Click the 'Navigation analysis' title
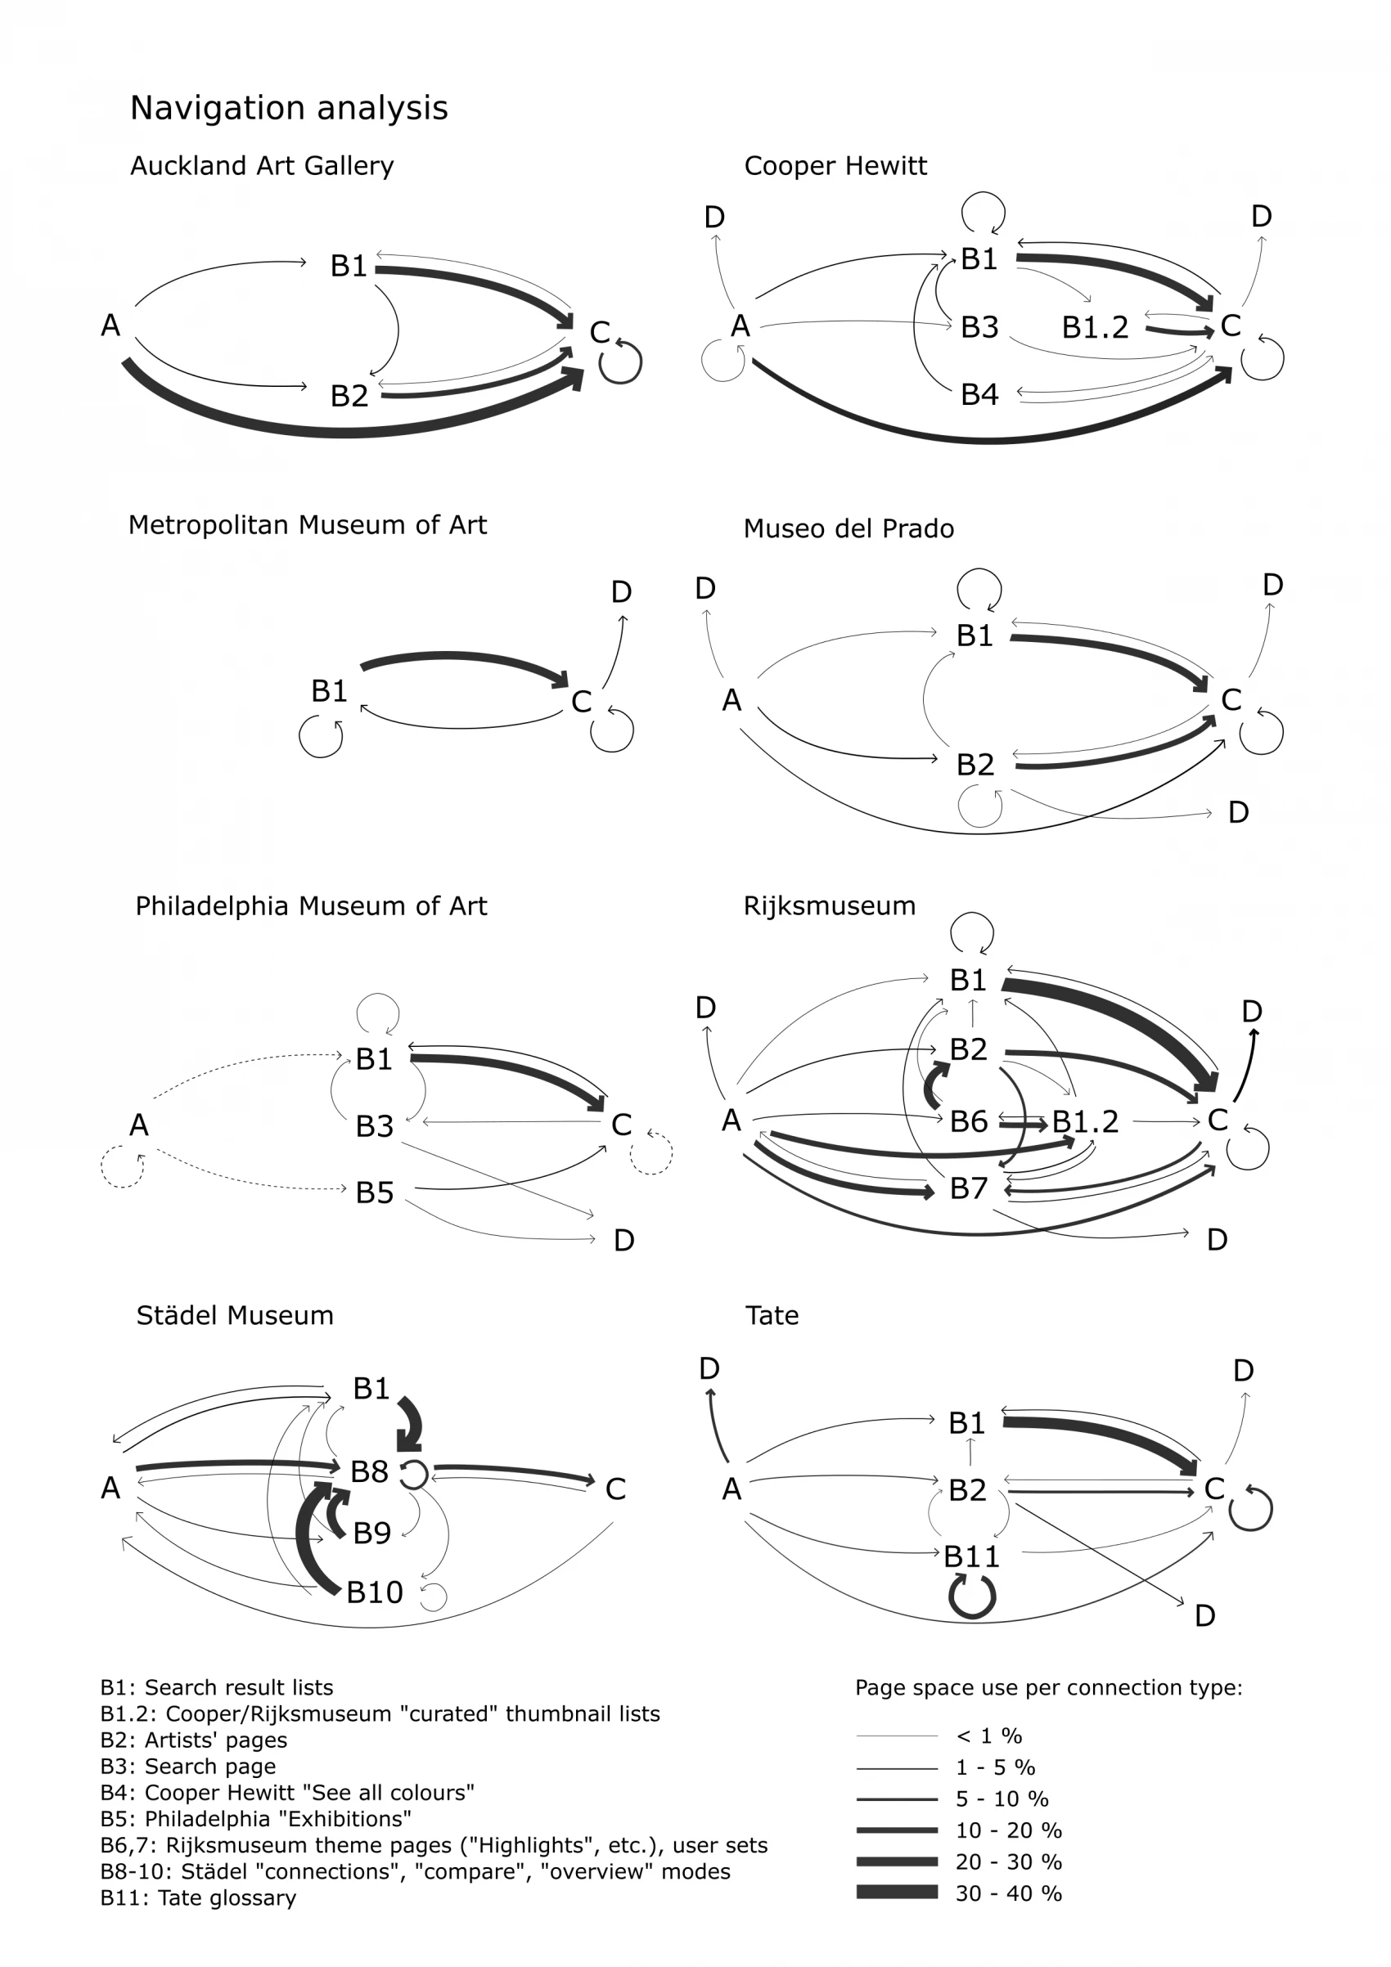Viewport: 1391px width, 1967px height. coord(289,108)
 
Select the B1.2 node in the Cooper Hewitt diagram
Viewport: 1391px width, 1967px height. coord(1095,327)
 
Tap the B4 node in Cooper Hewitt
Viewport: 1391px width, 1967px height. coord(979,394)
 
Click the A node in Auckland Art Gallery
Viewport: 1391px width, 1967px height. coord(110,326)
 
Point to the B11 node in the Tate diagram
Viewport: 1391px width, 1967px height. coord(971,1556)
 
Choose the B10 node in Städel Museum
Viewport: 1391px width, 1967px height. coord(375,1592)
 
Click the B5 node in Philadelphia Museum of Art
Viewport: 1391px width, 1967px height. coord(375,1192)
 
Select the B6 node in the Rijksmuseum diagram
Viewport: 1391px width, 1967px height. coord(969,1121)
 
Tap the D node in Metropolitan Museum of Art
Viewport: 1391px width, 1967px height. coord(621,592)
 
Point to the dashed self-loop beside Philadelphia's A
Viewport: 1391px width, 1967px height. coord(122,1167)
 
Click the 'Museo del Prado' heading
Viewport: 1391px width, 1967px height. coord(849,528)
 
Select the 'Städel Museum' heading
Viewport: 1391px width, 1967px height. coord(235,1315)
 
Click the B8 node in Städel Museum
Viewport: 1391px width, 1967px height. coord(369,1472)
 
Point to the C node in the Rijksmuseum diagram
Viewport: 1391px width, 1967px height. coord(1217,1120)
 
